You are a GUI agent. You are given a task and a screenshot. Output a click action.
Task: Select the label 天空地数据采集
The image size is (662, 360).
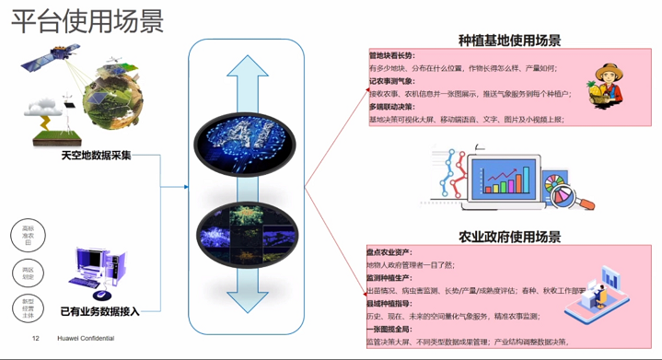(x=96, y=155)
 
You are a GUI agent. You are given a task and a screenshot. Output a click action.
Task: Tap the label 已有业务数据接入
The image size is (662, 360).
(x=99, y=311)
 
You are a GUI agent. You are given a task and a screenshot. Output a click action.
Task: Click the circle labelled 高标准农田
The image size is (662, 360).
(x=28, y=235)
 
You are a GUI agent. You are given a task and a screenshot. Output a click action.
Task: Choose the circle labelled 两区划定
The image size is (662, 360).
(x=28, y=272)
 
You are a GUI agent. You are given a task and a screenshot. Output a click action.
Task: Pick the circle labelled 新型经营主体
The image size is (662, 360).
(x=28, y=308)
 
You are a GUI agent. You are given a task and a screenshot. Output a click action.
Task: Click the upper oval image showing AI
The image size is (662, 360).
(x=246, y=144)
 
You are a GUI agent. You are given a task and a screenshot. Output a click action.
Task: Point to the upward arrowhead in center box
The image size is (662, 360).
(x=247, y=70)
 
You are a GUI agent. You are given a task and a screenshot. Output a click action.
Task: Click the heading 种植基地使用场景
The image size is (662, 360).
(x=509, y=41)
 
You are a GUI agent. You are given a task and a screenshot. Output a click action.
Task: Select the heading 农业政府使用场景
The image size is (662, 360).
(x=509, y=237)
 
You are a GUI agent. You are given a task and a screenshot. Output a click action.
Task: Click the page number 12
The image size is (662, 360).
(x=36, y=339)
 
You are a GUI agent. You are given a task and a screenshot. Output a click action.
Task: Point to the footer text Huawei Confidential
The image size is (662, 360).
(x=86, y=339)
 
